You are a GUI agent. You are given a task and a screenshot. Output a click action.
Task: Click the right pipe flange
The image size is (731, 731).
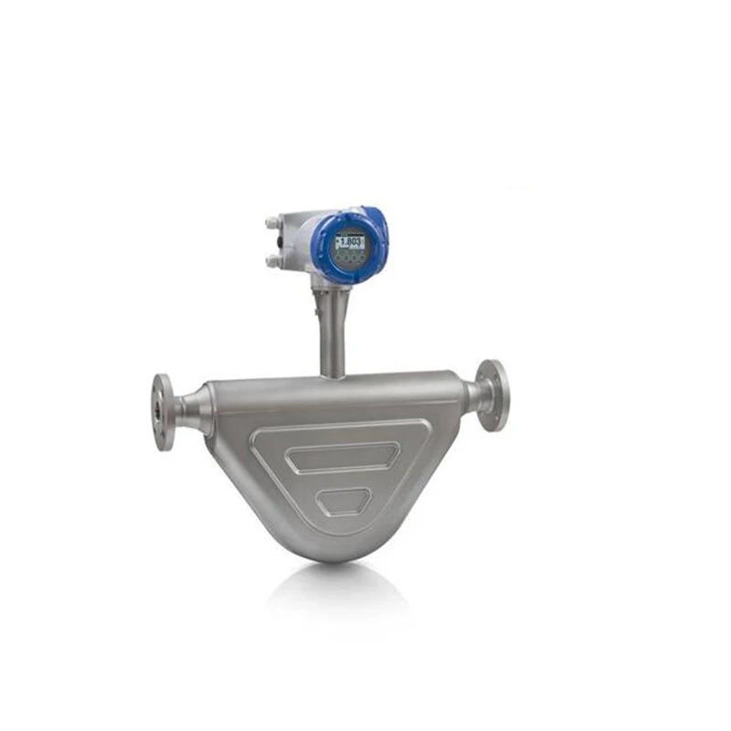tap(493, 395)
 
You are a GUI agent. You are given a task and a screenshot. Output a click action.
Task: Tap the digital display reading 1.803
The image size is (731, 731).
tap(349, 242)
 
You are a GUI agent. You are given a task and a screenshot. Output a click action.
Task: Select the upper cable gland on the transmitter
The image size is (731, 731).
tap(272, 222)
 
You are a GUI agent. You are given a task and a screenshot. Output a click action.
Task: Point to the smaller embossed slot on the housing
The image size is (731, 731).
tap(343, 500)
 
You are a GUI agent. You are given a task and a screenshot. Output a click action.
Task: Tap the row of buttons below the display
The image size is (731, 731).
tap(349, 259)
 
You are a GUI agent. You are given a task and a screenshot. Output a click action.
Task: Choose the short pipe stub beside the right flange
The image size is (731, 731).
tap(474, 395)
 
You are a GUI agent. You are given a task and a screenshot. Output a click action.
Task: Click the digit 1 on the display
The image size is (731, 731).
tap(339, 242)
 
